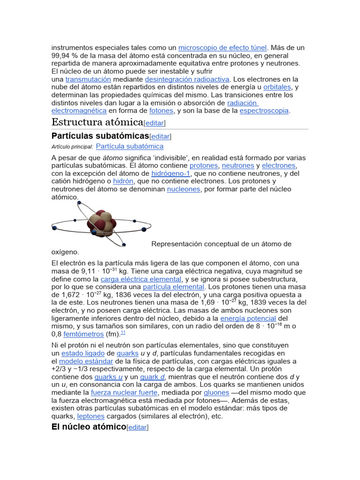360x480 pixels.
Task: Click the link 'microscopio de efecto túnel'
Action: pyautogui.click(x=222, y=47)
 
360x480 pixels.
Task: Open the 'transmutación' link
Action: pyautogui.click(x=88, y=79)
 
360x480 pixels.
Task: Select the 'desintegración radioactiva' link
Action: pyautogui.click(x=187, y=79)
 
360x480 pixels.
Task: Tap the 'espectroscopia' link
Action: pyautogui.click(x=264, y=111)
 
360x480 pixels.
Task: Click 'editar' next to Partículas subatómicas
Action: pyautogui.click(x=160, y=136)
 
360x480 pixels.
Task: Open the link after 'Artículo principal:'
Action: pyautogui.click(x=129, y=146)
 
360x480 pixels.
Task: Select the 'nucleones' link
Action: pyautogui.click(x=184, y=189)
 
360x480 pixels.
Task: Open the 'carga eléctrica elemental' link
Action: pyautogui.click(x=141, y=279)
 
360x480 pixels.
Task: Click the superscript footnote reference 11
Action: pyautogui.click(x=123, y=332)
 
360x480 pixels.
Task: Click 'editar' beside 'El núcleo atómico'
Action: pyautogui.click(x=137, y=427)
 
